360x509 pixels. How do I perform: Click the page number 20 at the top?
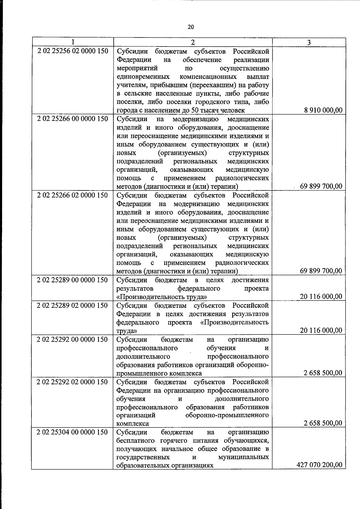[191, 27]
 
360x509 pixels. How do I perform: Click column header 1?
[73, 42]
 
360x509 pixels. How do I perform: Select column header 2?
[193, 42]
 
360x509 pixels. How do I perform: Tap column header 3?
[309, 42]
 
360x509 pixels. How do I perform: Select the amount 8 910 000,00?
[323, 110]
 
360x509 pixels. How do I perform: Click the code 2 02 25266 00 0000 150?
[73, 119]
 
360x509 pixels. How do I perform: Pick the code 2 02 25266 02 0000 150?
[73, 195]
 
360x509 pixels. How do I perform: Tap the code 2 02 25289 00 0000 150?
[72, 280]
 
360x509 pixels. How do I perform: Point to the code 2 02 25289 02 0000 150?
[72, 305]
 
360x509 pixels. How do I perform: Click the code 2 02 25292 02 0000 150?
[72, 382]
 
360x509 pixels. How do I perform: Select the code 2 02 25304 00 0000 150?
[72, 432]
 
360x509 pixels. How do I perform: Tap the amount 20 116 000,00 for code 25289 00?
[321, 297]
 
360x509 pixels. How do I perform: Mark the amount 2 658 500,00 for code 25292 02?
[323, 423]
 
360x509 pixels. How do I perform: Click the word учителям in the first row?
[130, 85]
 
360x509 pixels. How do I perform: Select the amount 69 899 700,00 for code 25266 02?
[321, 271]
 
